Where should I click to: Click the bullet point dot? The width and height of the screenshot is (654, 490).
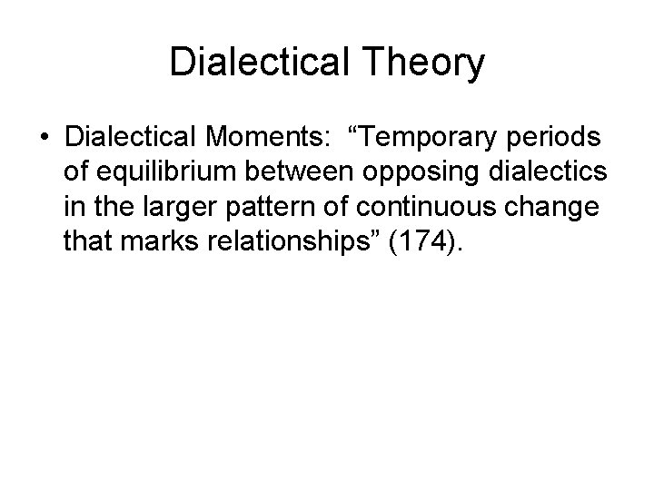(x=44, y=137)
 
